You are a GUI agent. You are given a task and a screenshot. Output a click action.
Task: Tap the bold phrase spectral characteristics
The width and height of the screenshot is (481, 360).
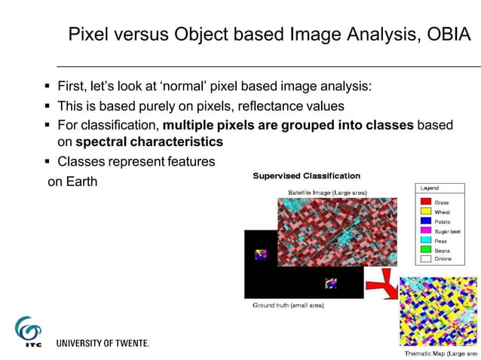(x=149, y=141)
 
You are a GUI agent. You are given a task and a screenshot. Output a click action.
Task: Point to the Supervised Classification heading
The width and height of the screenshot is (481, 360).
(x=306, y=176)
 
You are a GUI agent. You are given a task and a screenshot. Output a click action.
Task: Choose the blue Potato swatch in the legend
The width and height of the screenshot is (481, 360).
(x=425, y=221)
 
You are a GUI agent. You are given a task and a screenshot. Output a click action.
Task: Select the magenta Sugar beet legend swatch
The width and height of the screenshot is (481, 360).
(x=425, y=231)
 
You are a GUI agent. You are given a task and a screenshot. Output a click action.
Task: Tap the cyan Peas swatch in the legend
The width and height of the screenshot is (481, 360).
(x=425, y=240)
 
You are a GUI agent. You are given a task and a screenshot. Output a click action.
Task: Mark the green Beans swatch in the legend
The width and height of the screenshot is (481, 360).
(x=425, y=250)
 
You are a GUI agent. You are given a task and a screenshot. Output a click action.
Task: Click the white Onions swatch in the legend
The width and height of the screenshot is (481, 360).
(x=425, y=258)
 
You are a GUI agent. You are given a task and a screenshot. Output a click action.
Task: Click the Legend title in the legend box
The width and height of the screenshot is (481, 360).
(x=429, y=188)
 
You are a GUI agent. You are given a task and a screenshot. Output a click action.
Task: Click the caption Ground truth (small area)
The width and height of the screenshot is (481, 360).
(x=287, y=306)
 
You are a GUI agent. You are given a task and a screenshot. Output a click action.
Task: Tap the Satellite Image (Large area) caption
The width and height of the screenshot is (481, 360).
(x=327, y=192)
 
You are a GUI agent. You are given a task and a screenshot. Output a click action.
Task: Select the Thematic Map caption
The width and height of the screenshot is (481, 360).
(x=441, y=353)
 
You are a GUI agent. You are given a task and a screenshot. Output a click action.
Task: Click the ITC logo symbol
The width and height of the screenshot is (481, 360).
(x=29, y=332)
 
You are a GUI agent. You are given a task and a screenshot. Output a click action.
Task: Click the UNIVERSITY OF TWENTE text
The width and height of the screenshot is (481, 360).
(x=103, y=343)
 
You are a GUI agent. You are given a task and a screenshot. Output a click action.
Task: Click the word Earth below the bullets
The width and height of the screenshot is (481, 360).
(x=81, y=182)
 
